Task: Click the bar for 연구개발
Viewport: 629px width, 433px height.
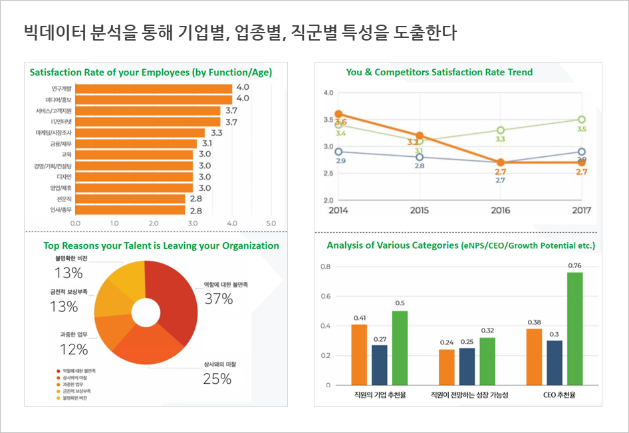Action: click(154, 88)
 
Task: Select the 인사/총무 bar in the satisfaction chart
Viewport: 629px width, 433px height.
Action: click(130, 210)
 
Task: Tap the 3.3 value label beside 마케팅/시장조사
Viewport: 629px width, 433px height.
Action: click(217, 132)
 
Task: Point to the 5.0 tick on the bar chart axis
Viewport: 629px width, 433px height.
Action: click(271, 223)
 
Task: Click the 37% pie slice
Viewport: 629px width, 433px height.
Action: click(176, 293)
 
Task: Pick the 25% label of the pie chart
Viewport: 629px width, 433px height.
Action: click(217, 379)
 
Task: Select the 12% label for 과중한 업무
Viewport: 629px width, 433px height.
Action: click(73, 349)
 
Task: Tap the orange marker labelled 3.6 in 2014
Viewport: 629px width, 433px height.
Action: click(338, 114)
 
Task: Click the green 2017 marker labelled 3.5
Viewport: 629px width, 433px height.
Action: click(582, 120)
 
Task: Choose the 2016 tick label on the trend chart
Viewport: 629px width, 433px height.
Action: click(500, 210)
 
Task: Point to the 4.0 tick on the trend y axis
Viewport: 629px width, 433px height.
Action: click(328, 92)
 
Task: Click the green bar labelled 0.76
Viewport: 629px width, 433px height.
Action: click(574, 329)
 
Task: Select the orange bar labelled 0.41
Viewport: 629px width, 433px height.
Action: click(359, 355)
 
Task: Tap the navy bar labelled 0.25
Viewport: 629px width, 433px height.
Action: click(467, 366)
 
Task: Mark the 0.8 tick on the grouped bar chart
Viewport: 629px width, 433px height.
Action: click(325, 267)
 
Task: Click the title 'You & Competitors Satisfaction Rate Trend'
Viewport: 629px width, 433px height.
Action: click(439, 72)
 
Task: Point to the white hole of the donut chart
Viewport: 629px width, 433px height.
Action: click(145, 312)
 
